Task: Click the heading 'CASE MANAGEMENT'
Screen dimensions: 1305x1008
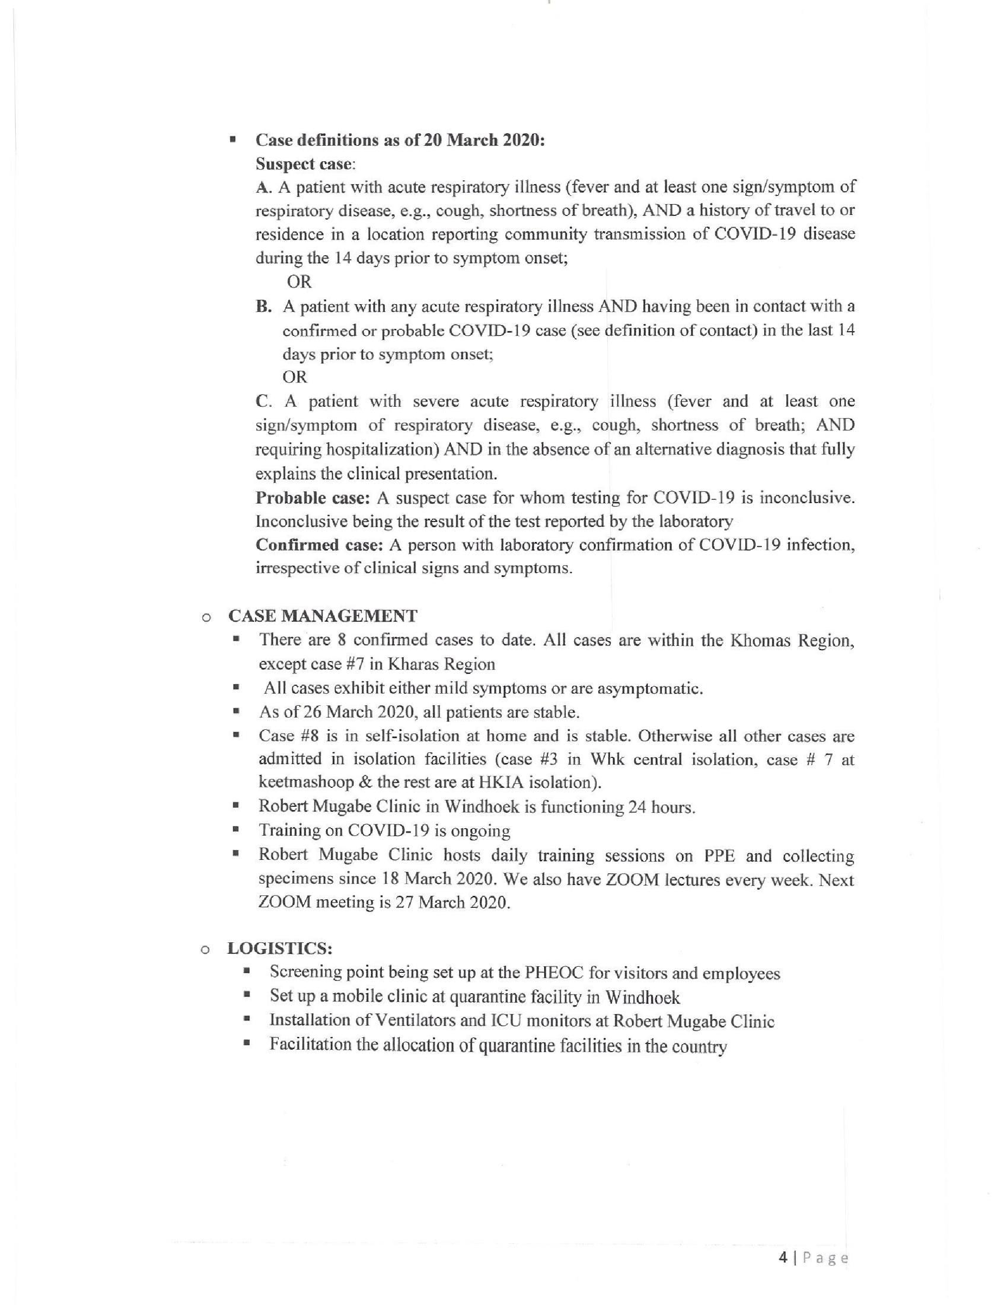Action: click(x=323, y=616)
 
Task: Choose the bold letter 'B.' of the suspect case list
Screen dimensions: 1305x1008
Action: click(x=264, y=307)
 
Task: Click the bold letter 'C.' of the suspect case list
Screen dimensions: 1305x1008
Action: click(x=263, y=401)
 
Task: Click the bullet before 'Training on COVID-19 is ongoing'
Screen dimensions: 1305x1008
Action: click(x=237, y=830)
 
